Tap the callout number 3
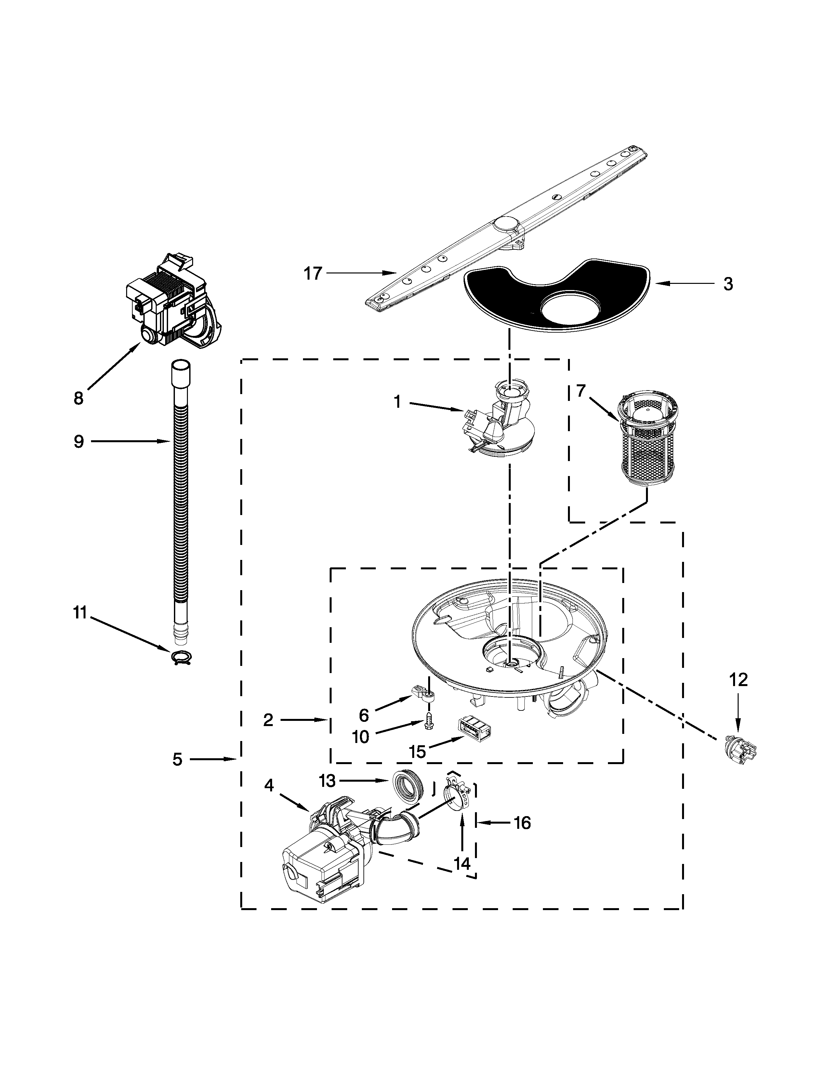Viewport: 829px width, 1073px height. (728, 284)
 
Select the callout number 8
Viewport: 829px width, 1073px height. (79, 398)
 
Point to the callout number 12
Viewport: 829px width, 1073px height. (739, 680)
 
